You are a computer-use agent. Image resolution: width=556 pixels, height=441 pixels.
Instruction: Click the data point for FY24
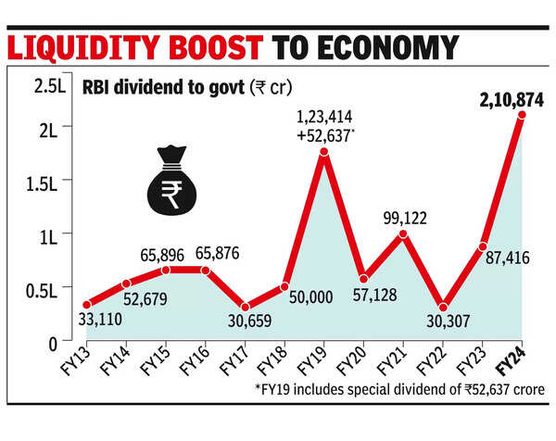[523, 115]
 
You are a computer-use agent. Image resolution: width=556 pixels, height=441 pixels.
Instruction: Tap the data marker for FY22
[443, 307]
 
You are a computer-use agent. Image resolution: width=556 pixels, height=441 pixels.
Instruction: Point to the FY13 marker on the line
[87, 304]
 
